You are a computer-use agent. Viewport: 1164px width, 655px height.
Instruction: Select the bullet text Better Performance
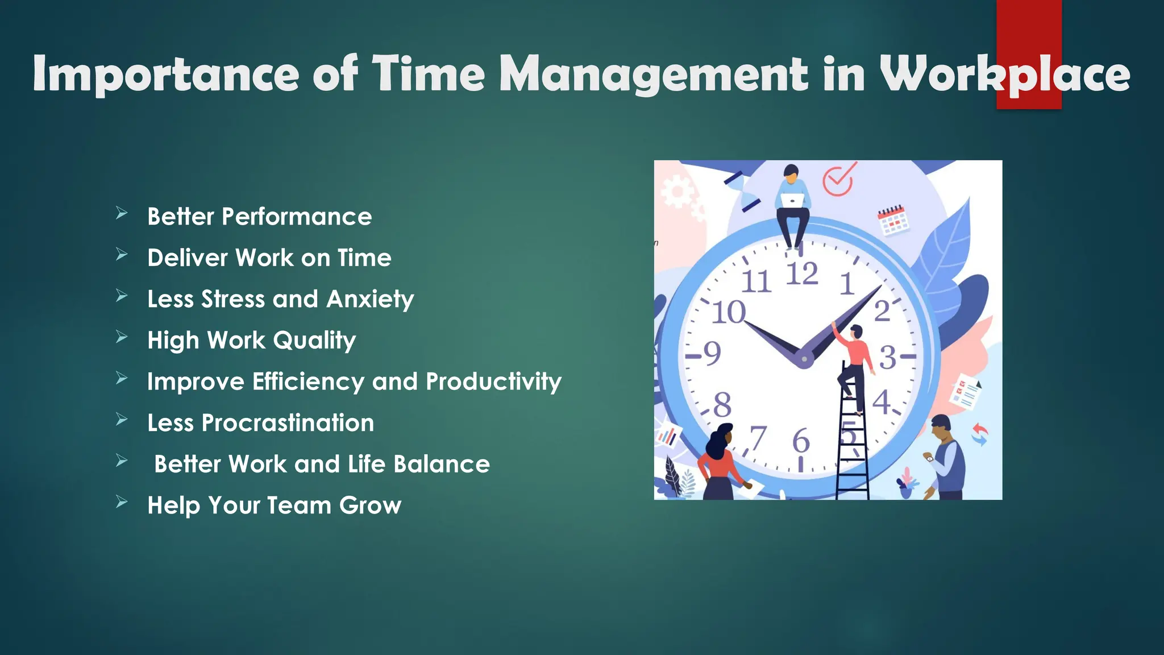coord(259,217)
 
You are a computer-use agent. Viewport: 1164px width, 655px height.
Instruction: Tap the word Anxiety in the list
coord(370,300)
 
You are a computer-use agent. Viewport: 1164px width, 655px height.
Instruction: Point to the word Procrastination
coord(288,423)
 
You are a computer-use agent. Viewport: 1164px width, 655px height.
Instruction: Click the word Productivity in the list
coord(493,382)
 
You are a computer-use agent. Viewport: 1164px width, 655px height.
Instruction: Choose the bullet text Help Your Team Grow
coord(274,505)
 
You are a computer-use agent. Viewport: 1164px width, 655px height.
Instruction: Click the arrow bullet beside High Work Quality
coord(122,337)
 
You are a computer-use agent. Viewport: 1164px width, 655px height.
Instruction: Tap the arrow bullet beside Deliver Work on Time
coord(122,255)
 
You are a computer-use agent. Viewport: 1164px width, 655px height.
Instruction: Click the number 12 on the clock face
coord(802,274)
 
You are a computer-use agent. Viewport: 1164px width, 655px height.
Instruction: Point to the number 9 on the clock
coord(712,354)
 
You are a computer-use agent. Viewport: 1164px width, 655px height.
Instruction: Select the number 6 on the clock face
coord(801,441)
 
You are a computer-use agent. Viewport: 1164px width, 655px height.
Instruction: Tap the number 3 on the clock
coord(888,358)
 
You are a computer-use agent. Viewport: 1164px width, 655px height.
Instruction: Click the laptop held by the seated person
coord(792,200)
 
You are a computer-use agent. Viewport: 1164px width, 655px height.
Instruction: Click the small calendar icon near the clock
coord(893,221)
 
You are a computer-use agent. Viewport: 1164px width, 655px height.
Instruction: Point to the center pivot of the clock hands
coord(804,359)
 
